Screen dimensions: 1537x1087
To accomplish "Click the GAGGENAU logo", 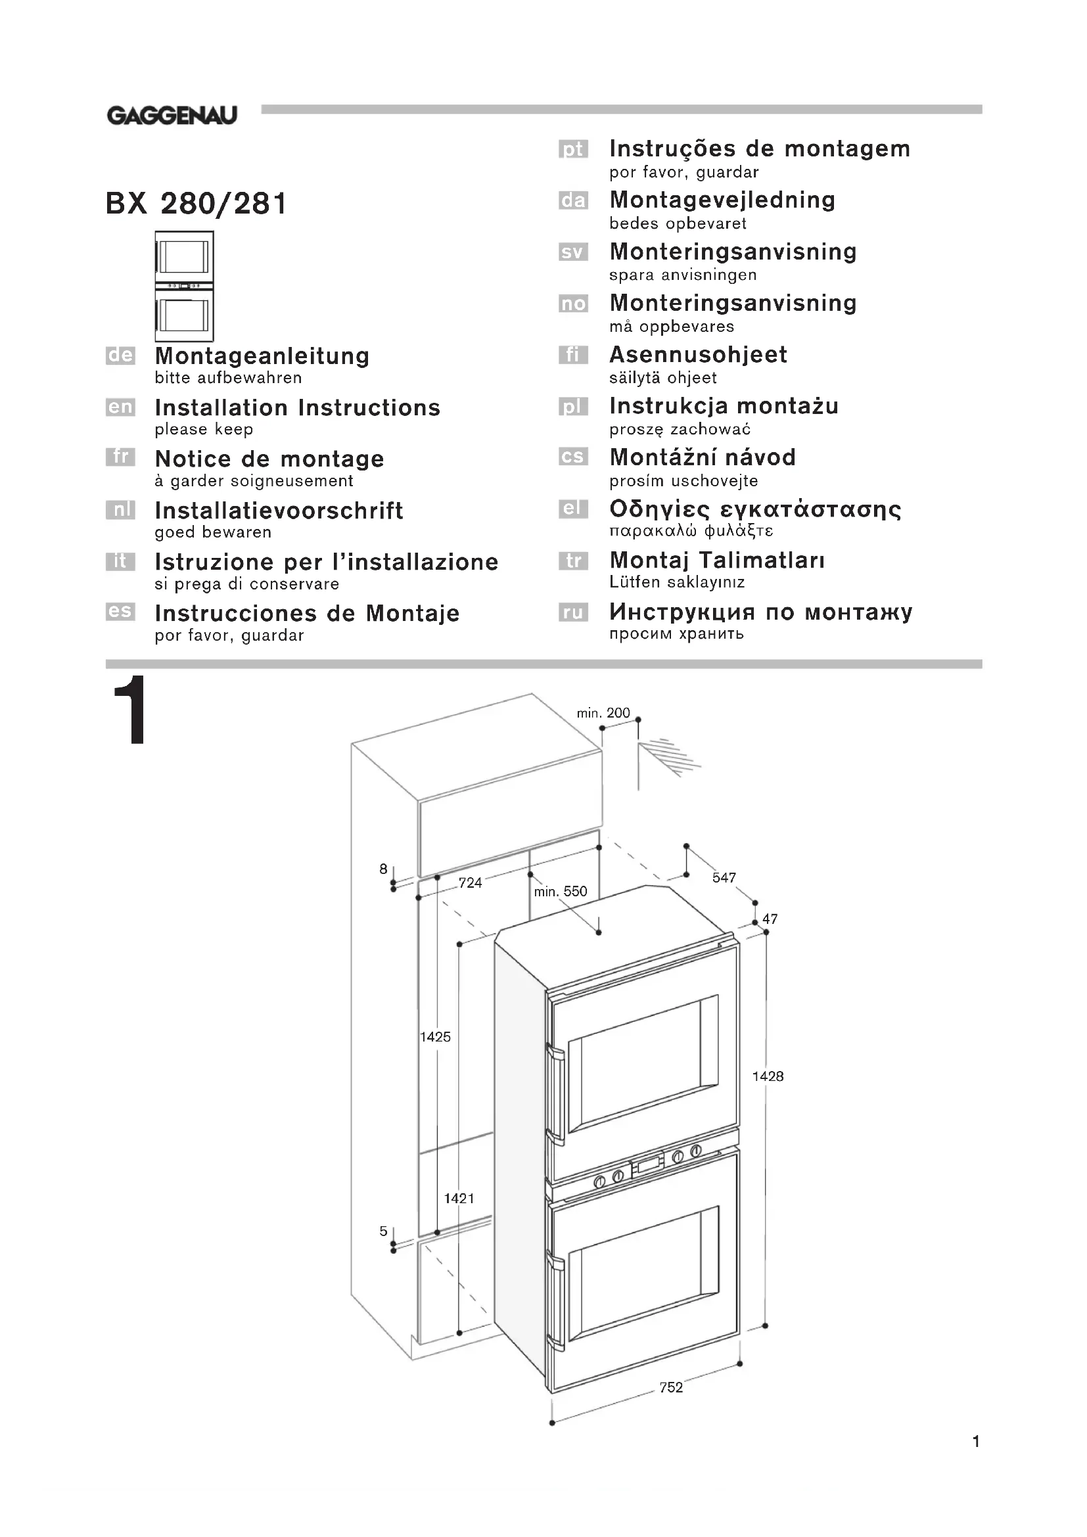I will pyautogui.click(x=172, y=116).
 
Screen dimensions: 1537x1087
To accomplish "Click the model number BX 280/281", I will pyautogui.click(x=197, y=204).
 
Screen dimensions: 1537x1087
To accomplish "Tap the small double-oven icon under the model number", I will pyautogui.click(x=184, y=286).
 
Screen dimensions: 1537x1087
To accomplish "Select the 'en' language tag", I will pyautogui.click(x=120, y=407).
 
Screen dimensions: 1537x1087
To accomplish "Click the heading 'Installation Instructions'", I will pyautogui.click(x=297, y=407).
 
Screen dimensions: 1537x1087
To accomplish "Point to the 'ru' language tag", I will pyautogui.click(x=573, y=612).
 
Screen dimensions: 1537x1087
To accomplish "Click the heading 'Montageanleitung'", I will pyautogui.click(x=262, y=356).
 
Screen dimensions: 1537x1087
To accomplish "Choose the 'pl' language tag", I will pyautogui.click(x=573, y=406).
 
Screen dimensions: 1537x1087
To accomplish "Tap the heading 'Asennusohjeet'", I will pyautogui.click(x=698, y=355).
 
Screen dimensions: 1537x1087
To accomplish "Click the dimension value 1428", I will pyautogui.click(x=768, y=1076).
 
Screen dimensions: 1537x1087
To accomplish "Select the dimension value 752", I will pyautogui.click(x=671, y=1388).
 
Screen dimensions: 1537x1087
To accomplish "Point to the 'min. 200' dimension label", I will pyautogui.click(x=603, y=714).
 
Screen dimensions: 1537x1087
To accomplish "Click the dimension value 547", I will pyautogui.click(x=724, y=878).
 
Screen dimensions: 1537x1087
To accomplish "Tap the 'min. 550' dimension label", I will pyautogui.click(x=560, y=892).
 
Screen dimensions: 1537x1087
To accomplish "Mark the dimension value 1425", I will pyautogui.click(x=435, y=1037).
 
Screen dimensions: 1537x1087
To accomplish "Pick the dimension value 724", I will pyautogui.click(x=470, y=883).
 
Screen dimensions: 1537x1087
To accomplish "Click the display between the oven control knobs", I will pyautogui.click(x=648, y=1165).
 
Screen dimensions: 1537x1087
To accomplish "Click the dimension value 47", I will pyautogui.click(x=770, y=919).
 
